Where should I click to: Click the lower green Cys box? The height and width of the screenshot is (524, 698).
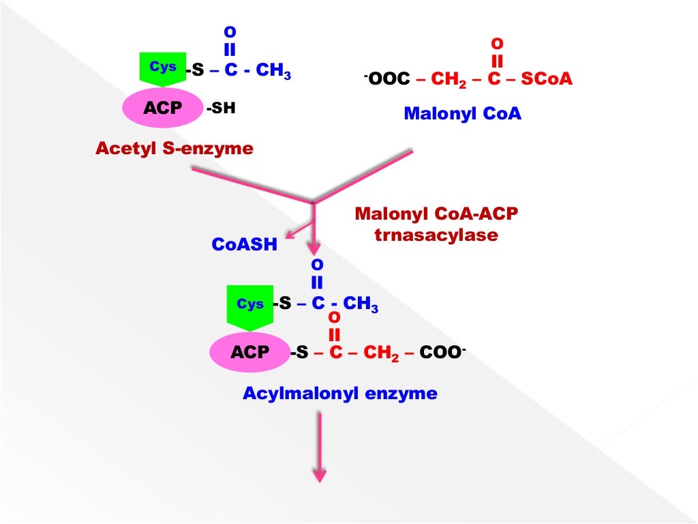pyautogui.click(x=249, y=306)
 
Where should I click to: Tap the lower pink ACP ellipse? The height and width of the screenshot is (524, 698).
pyautogui.click(x=249, y=352)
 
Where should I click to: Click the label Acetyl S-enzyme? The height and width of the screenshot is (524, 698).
pyautogui.click(x=174, y=147)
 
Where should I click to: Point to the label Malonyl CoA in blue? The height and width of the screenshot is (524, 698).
pyautogui.click(x=462, y=113)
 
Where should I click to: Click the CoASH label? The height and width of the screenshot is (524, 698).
pyautogui.click(x=245, y=244)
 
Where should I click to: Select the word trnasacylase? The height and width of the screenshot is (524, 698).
pyautogui.click(x=436, y=235)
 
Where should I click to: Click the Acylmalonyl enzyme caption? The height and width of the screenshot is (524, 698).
pyautogui.click(x=340, y=394)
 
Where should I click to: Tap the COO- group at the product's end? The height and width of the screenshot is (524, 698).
pyautogui.click(x=445, y=352)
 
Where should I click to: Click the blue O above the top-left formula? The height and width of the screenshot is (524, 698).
pyautogui.click(x=229, y=33)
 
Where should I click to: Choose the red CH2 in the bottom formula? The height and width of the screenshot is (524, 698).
pyautogui.click(x=380, y=353)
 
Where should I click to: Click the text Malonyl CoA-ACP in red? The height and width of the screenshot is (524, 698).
pyautogui.click(x=436, y=214)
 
